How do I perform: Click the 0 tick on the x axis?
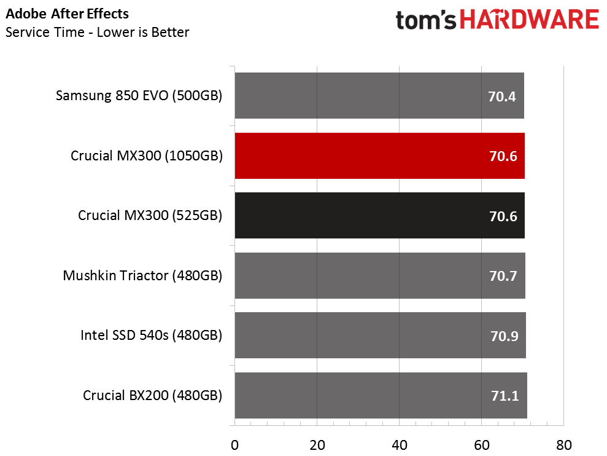coord(234,444)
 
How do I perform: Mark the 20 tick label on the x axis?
coord(317,444)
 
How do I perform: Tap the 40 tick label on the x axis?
coord(399,444)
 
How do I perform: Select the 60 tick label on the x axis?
coord(481,444)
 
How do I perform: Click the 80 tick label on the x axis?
coord(563,444)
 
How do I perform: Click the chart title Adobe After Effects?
coord(68,13)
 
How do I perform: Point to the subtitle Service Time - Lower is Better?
coord(97,32)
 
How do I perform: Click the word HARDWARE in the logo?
coord(530,20)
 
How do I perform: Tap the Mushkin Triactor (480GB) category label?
coord(142,276)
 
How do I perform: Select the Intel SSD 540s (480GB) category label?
coord(151,336)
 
